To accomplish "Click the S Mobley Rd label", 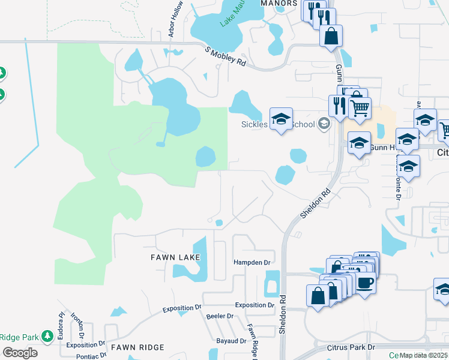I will click(226, 57).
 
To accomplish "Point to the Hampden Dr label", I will click(252, 263).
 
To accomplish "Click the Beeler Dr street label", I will click(219, 316).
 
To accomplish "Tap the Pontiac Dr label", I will click(82, 356).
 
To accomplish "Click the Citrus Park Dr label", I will click(351, 347).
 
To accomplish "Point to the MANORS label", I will click(279, 3).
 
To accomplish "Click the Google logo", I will click(19, 353).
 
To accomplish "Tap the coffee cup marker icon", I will click(365, 282).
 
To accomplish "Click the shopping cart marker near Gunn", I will click(360, 109).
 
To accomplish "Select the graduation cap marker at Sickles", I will click(280, 119).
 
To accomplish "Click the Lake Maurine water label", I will click(231, 15).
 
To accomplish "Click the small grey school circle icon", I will click(324, 124).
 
